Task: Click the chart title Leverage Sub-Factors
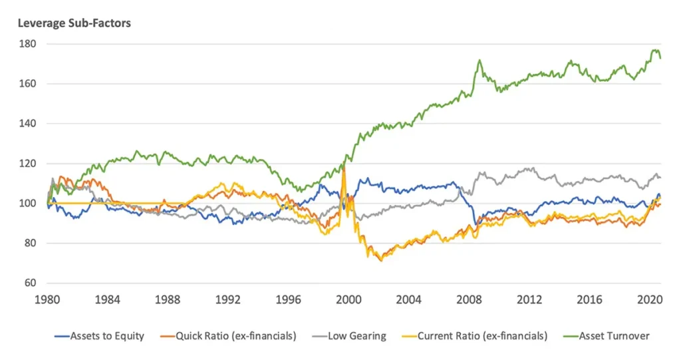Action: coord(74,23)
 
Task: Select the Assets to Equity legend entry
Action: coord(107,336)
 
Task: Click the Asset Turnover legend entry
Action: coord(614,336)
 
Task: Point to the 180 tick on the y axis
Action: coord(27,44)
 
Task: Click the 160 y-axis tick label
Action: coord(27,84)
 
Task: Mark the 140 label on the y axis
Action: coord(27,124)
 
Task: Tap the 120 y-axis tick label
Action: coord(27,164)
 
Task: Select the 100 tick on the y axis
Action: coord(27,204)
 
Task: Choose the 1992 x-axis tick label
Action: coord(228,299)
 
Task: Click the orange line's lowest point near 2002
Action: coord(381,260)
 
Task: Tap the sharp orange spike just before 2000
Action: coord(343,166)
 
